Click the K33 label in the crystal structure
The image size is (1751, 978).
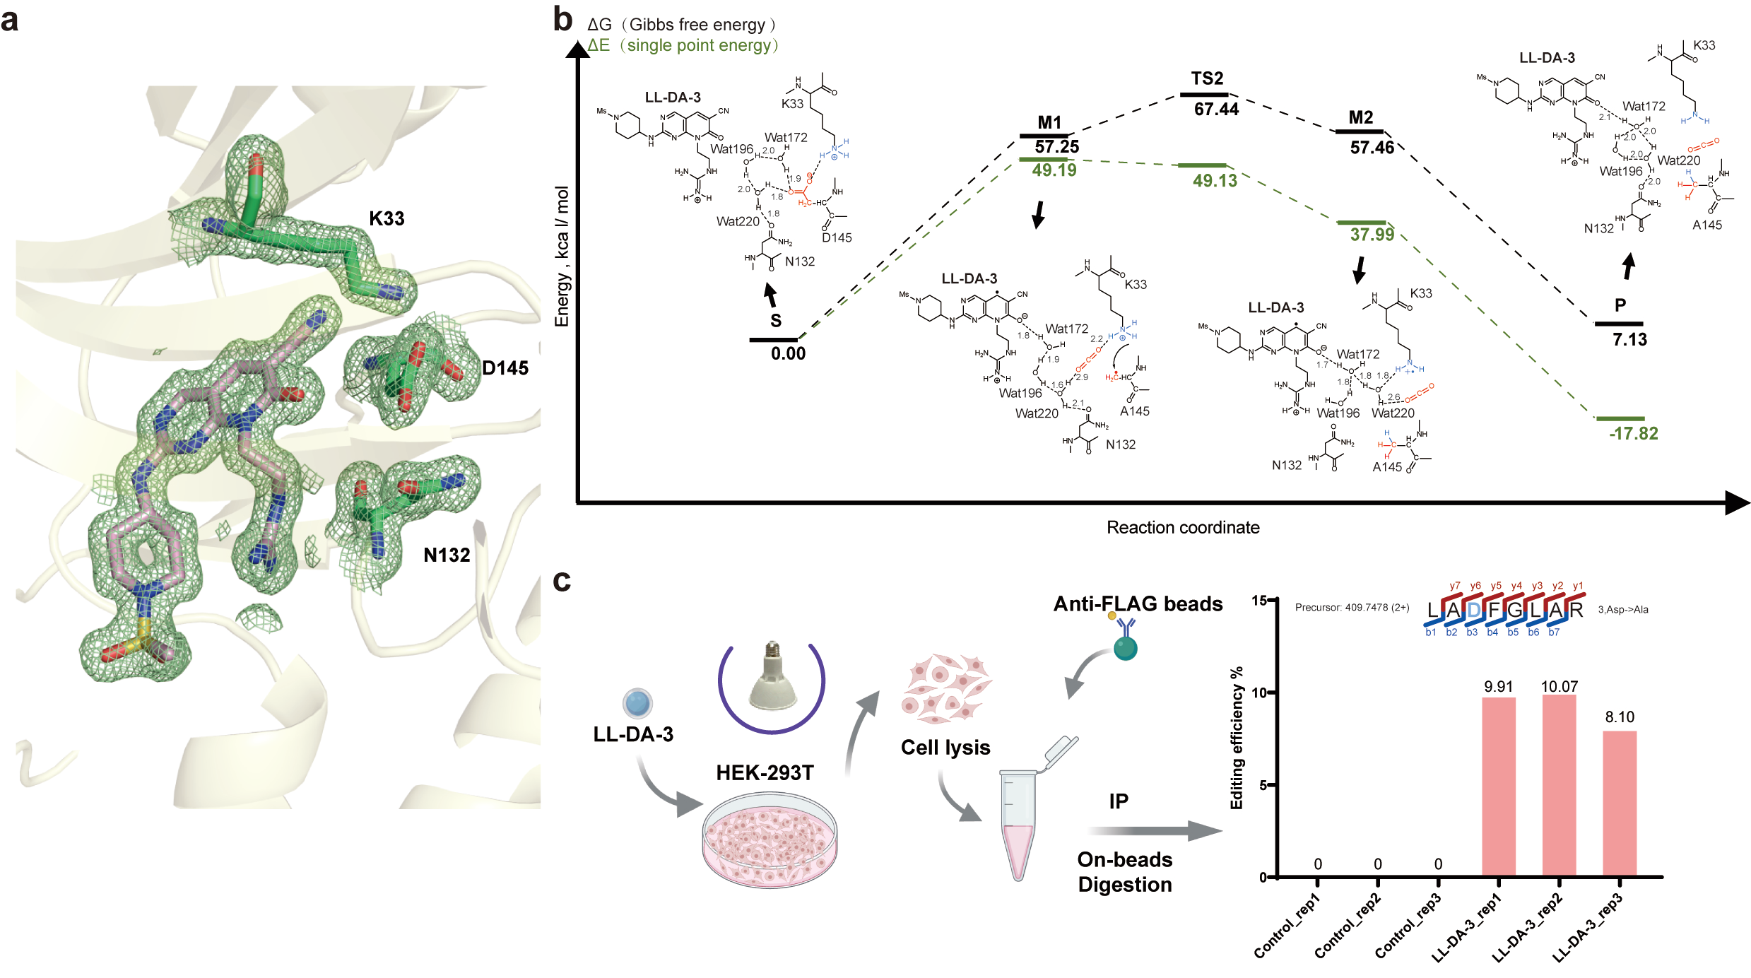click(387, 218)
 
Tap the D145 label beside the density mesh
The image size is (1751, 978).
click(505, 368)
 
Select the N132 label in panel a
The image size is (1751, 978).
click(447, 555)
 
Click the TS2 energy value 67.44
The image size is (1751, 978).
click(1216, 110)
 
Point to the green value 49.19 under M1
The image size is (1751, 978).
click(1054, 170)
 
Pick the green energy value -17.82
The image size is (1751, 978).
click(1633, 434)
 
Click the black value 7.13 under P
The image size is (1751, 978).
click(1629, 340)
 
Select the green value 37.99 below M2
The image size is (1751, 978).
click(1372, 235)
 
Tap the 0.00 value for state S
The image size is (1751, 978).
click(788, 353)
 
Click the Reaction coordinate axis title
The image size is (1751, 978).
click(1182, 528)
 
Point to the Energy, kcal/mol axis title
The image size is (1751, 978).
click(562, 256)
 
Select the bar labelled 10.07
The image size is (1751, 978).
click(1559, 784)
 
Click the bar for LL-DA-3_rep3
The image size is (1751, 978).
click(1619, 803)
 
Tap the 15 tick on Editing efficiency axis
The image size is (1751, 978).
click(1258, 601)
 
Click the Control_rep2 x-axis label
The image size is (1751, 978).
click(1348, 926)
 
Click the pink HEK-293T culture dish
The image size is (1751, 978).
click(770, 840)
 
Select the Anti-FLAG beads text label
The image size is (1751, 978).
click(1138, 604)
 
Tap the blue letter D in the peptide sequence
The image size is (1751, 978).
click(1473, 610)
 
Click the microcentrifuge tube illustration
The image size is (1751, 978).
click(1020, 820)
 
